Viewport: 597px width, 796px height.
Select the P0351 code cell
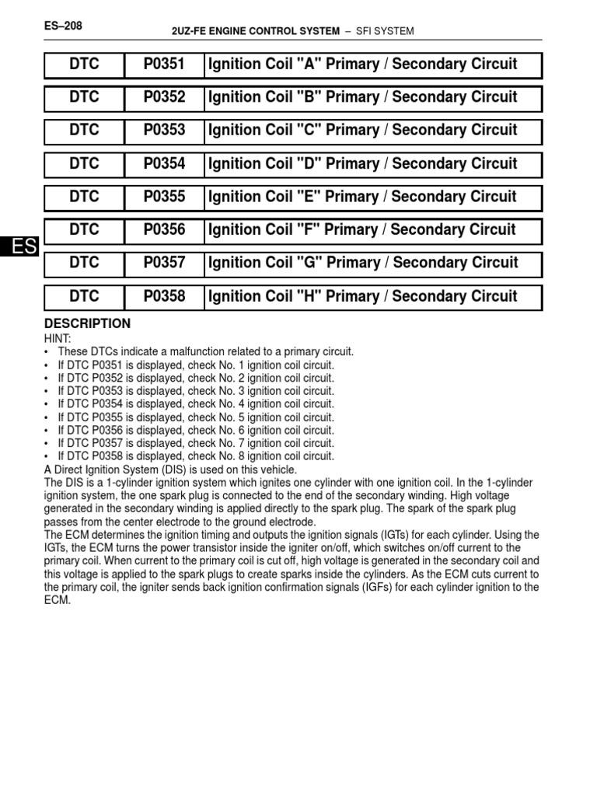[164, 65]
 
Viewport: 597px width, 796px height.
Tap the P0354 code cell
[164, 164]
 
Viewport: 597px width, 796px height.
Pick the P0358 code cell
[164, 297]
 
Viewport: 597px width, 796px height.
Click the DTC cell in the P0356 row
[85, 230]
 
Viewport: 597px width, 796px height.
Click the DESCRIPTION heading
[88, 323]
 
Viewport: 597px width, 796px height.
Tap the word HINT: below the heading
[58, 338]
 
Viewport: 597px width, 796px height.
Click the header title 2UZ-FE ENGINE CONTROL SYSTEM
[255, 31]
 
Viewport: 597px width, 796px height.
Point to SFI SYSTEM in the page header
[384, 31]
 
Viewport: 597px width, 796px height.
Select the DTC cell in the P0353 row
[85, 131]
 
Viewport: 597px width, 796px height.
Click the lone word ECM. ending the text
[58, 601]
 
